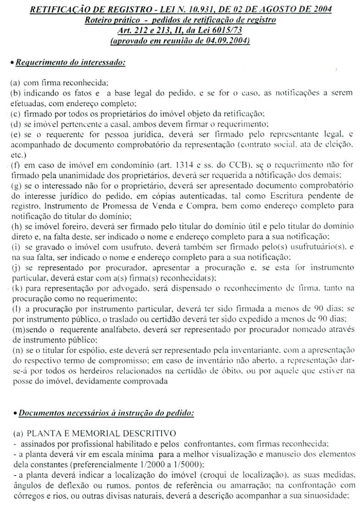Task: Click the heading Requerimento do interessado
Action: click(70, 62)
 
